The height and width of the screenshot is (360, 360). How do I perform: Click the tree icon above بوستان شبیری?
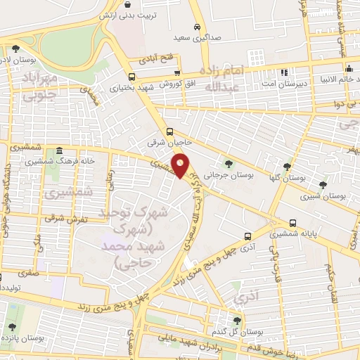[323, 186]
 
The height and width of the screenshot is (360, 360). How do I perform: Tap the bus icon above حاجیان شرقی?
[169, 131]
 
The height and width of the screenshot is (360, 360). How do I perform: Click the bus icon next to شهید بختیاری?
[131, 77]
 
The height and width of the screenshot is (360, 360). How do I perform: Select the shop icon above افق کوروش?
[177, 73]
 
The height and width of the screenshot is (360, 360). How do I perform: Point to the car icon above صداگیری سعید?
[198, 27]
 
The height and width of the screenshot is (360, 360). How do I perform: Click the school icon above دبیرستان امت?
[284, 72]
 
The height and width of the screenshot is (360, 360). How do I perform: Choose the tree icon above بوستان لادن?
[15, 49]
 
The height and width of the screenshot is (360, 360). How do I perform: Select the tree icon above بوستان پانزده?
[12, 326]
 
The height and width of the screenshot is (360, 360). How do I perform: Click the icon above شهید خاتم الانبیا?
[348, 67]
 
